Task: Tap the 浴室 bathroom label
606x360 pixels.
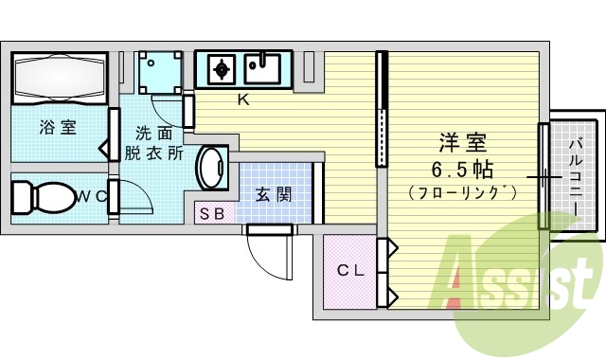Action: (x=58, y=128)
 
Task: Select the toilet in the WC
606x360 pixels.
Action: (x=43, y=197)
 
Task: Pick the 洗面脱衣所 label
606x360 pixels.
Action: (x=156, y=143)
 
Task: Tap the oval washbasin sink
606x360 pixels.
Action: (x=212, y=169)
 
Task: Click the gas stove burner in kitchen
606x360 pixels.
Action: (x=221, y=68)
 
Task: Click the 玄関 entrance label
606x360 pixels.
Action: (x=274, y=193)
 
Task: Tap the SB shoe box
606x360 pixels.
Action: (x=211, y=213)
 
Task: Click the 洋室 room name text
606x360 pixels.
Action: (x=462, y=145)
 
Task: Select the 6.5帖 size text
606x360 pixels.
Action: (x=462, y=171)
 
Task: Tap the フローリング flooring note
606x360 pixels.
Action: (x=462, y=193)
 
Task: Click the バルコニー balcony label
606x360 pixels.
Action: (x=576, y=175)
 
